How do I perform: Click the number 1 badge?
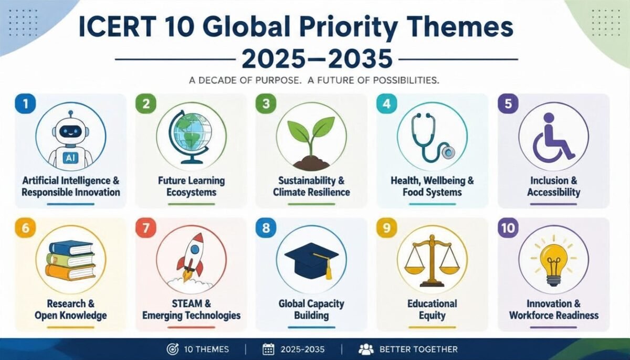[x=25, y=104]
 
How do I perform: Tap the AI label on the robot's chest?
[x=70, y=157]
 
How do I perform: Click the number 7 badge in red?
[x=146, y=228]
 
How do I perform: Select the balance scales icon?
[x=432, y=261]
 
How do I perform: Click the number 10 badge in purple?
[x=508, y=228]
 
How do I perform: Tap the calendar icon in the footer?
[x=268, y=350]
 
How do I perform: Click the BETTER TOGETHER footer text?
[x=418, y=350]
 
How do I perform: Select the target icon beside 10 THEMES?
[x=172, y=349]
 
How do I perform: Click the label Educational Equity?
[x=432, y=310]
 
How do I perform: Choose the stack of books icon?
[x=70, y=260]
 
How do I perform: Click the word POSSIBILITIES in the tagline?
[x=406, y=80]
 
